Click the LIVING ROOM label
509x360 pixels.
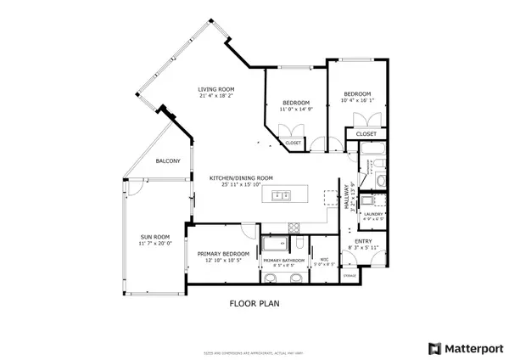(x=216, y=89)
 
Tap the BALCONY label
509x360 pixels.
(x=168, y=160)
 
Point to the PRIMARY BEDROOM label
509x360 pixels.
(x=224, y=254)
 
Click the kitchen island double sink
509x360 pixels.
(x=280, y=197)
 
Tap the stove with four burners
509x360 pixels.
(x=294, y=227)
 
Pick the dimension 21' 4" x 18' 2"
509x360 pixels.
(x=216, y=96)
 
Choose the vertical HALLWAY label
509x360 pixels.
(x=347, y=199)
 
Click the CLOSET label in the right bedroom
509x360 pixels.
(x=366, y=133)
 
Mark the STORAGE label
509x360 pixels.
(x=349, y=276)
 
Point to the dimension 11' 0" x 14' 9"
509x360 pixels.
(x=297, y=109)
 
